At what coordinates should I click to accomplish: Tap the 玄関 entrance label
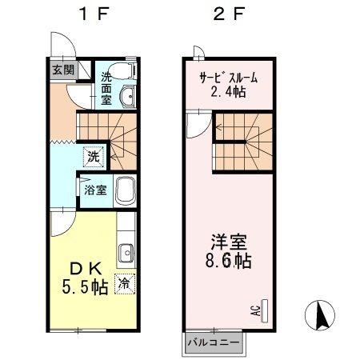click(63, 70)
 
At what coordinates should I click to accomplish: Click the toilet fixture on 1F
click(125, 68)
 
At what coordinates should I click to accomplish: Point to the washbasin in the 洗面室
click(126, 98)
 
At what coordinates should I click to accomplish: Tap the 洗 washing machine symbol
click(94, 157)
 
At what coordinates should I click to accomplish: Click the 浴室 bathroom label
click(94, 190)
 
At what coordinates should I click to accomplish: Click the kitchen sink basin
click(126, 256)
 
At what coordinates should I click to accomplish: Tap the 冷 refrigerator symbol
click(125, 282)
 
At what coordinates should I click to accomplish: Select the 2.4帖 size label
click(228, 94)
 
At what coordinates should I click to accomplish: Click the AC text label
click(255, 310)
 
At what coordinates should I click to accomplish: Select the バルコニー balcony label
click(213, 342)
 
